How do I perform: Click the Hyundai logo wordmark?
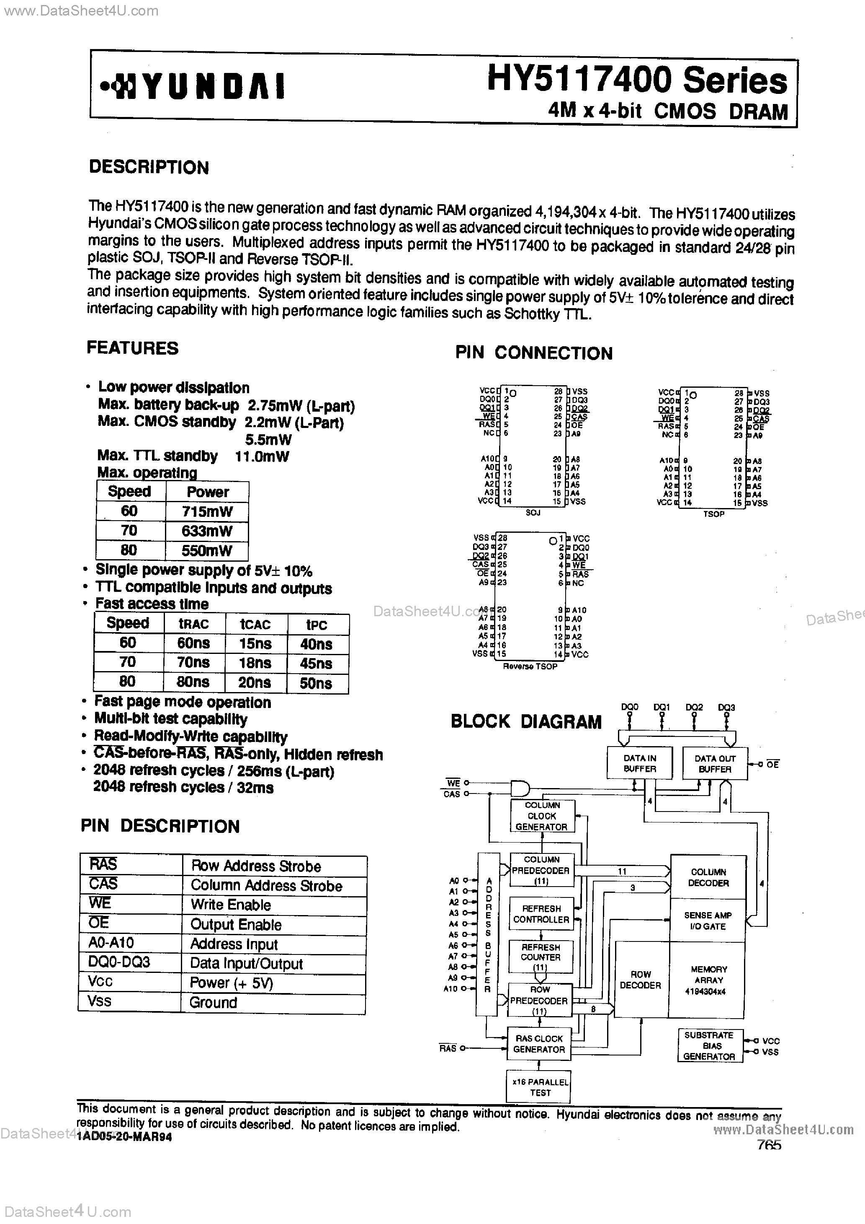click(x=194, y=86)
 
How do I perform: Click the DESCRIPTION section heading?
click(x=149, y=167)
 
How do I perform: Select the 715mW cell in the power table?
click(x=207, y=512)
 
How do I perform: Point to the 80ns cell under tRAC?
click(x=193, y=682)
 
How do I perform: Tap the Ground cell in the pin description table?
click(x=213, y=1003)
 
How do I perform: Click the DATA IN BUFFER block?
click(x=640, y=763)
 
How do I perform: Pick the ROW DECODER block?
click(x=640, y=980)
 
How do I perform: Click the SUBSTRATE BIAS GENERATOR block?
click(x=709, y=1046)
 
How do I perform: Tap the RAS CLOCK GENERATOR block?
click(x=539, y=1044)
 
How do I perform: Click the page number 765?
click(x=769, y=1145)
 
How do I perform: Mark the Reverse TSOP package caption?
click(x=530, y=666)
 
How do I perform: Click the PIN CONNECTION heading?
click(x=534, y=353)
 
